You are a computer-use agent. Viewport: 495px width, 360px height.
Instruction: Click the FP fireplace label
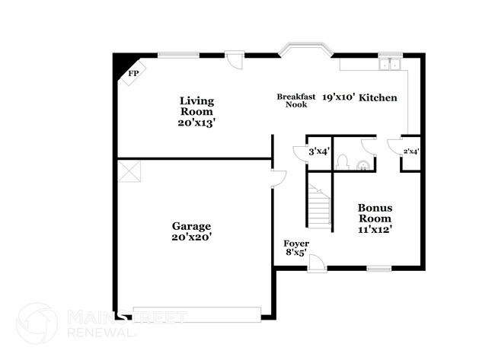pos(133,73)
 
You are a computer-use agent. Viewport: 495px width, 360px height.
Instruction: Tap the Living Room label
pos(196,106)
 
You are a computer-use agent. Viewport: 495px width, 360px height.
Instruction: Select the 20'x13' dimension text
pos(196,123)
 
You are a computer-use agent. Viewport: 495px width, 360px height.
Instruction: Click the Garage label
pos(190,226)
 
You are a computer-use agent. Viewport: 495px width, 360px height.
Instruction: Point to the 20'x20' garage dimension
pos(190,237)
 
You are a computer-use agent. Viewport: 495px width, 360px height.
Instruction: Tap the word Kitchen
pos(378,97)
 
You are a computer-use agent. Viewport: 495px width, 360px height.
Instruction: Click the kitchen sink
pos(391,62)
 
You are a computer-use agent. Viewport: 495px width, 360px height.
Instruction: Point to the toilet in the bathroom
pos(343,162)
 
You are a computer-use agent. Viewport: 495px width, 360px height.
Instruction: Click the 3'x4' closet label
pos(318,151)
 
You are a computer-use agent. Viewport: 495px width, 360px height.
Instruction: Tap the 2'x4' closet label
pos(411,151)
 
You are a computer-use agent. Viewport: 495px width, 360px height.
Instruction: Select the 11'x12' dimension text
pos(375,229)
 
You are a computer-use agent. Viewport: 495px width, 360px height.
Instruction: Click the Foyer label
pos(295,244)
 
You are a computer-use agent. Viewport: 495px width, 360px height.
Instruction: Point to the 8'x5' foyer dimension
pos(295,253)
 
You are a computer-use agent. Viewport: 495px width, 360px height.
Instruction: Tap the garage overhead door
pos(196,311)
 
